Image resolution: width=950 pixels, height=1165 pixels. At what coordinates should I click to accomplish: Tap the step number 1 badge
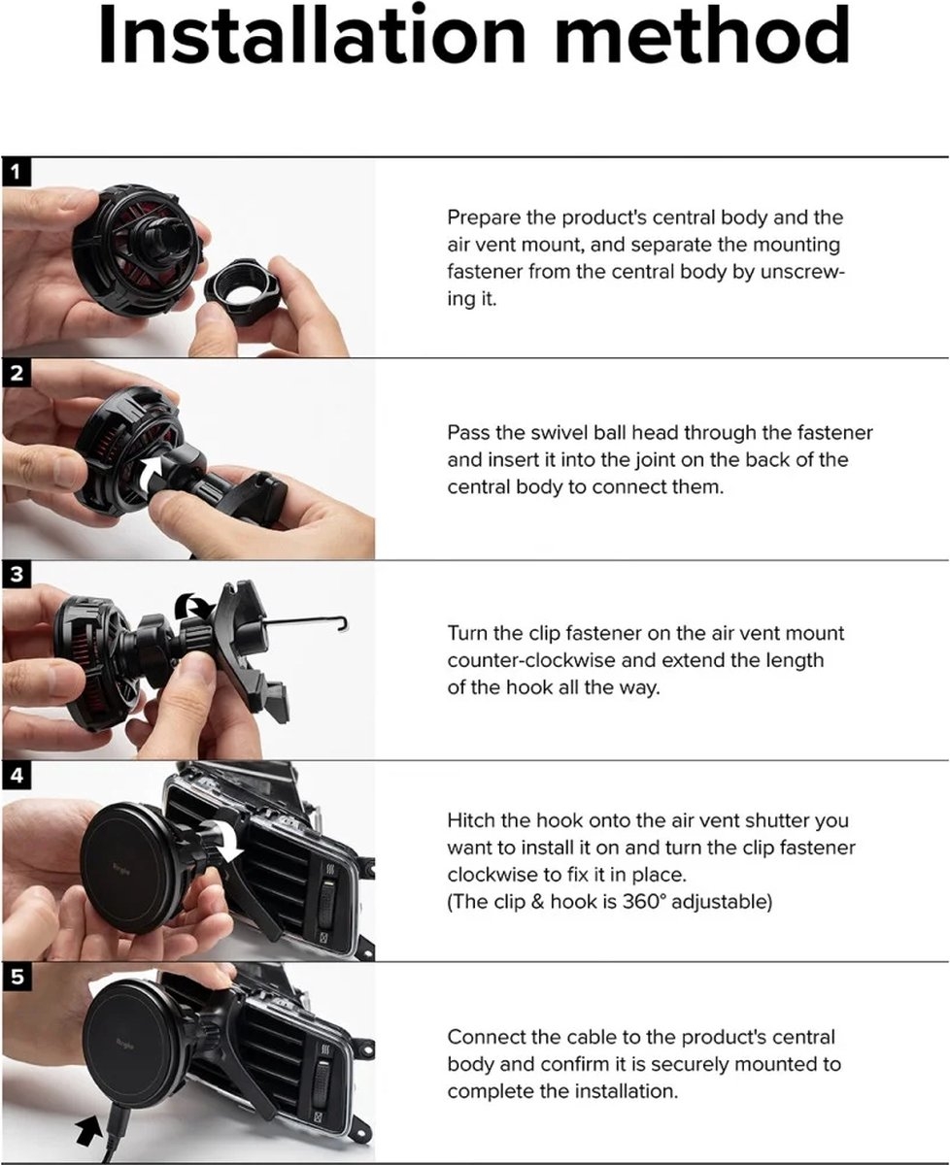(x=16, y=172)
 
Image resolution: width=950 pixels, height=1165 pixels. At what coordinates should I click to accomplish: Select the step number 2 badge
(x=16, y=374)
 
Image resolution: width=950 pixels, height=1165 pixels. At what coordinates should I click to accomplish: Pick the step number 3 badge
(x=16, y=575)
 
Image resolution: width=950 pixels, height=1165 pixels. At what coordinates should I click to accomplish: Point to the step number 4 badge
(x=16, y=776)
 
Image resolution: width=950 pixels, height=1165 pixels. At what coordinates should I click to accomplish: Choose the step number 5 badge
(x=16, y=977)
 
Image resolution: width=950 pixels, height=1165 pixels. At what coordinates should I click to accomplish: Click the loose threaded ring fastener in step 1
(x=239, y=292)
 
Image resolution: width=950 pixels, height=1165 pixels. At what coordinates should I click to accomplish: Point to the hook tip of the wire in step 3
(x=344, y=624)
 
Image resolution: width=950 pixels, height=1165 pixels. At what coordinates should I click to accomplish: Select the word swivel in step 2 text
(x=560, y=433)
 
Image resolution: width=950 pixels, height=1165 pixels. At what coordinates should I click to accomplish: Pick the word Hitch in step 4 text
(x=470, y=820)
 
